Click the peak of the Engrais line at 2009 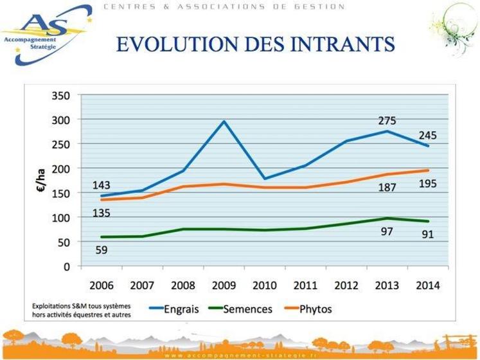(224, 121)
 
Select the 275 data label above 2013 (387, 120)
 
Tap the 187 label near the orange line (387, 188)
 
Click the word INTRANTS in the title (337, 44)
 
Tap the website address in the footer (240, 354)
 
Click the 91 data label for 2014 (427, 234)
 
